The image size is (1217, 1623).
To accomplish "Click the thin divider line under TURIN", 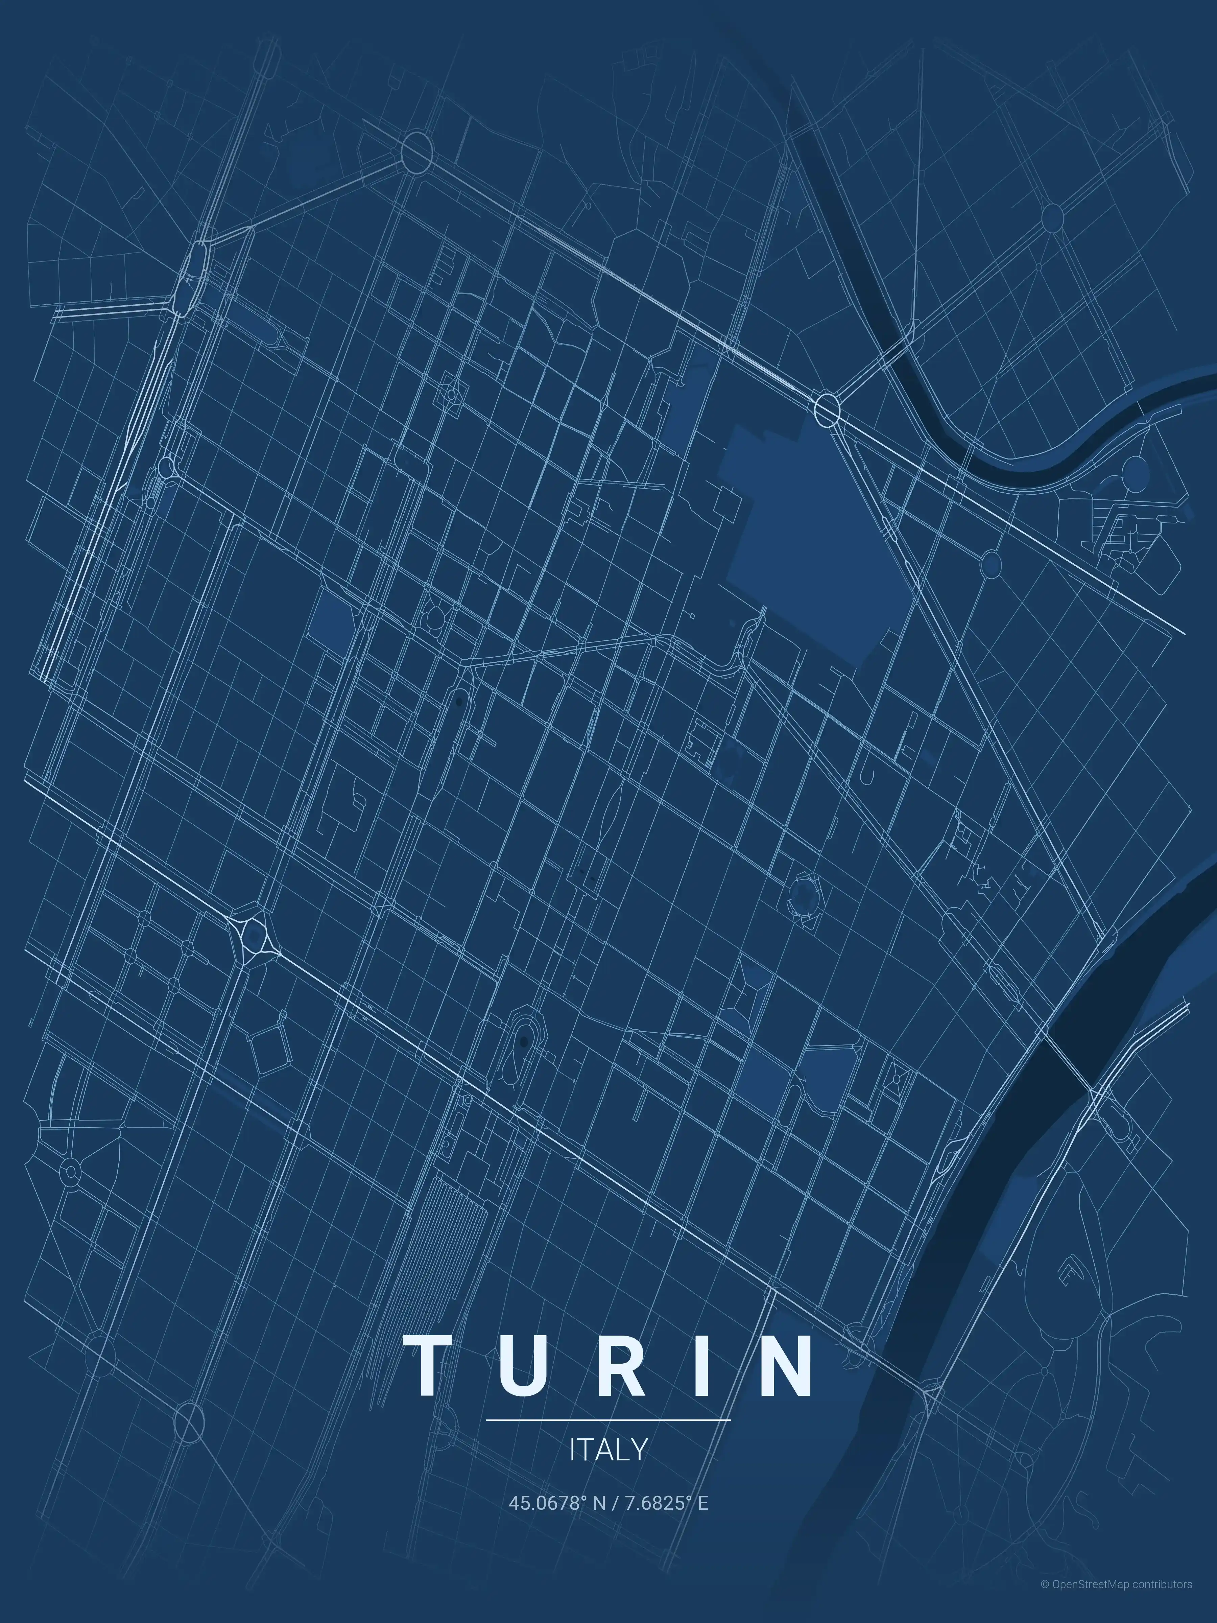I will (x=608, y=1420).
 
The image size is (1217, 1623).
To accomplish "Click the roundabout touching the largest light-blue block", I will (x=827, y=409).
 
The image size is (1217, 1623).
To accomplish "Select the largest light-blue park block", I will (x=814, y=536).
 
